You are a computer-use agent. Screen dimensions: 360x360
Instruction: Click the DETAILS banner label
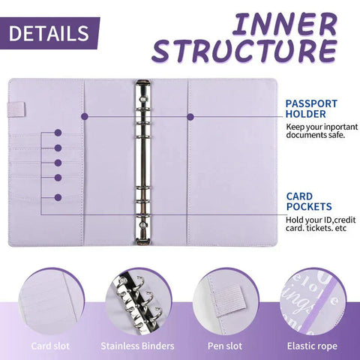[49, 33]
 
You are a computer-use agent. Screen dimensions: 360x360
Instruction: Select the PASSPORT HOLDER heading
[310, 108]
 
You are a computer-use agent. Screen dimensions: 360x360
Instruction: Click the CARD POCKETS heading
[309, 201]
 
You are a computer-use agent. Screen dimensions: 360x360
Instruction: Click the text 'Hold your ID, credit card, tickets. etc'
[316, 223]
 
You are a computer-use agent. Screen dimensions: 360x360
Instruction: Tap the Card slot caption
[50, 346]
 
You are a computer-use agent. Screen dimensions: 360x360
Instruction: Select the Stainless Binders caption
[137, 346]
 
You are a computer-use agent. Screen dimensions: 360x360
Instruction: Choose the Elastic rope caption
[310, 346]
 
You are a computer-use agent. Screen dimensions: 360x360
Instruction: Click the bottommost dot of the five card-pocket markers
[58, 197]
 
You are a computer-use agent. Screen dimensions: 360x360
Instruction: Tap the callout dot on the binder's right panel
[191, 116]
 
